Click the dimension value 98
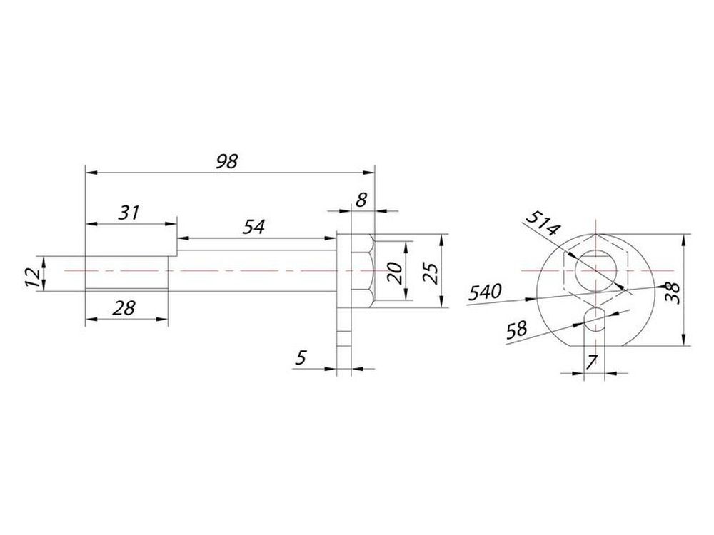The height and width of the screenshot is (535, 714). point(227,161)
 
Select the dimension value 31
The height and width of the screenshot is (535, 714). point(129,213)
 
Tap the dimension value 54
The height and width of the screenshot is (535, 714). point(253,227)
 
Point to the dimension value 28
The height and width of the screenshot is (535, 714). point(124,308)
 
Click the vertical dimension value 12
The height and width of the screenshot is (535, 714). point(32,277)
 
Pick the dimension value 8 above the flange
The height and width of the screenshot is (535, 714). point(361,200)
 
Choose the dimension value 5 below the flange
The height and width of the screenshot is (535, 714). point(301,357)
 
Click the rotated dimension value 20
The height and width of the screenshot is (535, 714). point(396,273)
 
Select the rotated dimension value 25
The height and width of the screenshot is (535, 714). point(433,273)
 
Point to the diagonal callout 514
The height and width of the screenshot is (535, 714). point(542,223)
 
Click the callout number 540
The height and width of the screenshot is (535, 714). point(486,291)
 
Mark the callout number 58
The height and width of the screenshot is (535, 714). point(517,329)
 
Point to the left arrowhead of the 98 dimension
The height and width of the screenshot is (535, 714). point(92,173)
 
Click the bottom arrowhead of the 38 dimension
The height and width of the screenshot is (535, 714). point(683,340)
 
